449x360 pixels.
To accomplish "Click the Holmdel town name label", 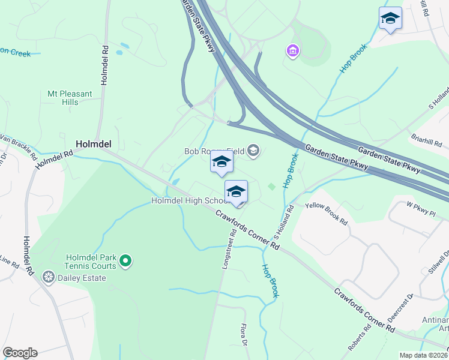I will coord(93,144).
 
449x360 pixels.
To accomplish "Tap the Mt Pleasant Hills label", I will coord(70,98).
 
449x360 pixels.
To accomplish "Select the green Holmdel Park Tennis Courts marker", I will coord(125,260).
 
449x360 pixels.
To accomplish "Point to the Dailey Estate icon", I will coord(48,277).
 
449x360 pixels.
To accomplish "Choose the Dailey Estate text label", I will coord(82,278).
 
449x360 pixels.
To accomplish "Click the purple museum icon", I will coord(292,52).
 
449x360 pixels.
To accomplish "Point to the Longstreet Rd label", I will coord(228,251).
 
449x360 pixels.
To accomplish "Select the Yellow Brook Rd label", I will coord(327,214).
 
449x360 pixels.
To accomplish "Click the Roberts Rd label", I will coord(358,340).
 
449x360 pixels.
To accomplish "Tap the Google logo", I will coord(20,353).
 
